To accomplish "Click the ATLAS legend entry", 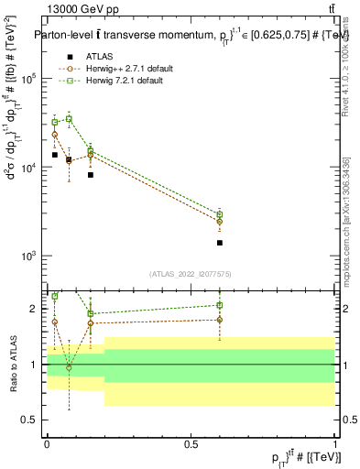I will pyautogui.click(x=100, y=57).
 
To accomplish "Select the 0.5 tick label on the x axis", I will pyautogui.click(x=191, y=443).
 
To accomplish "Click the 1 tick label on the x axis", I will pyautogui.click(x=334, y=443).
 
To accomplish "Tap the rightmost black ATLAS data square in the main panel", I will pyautogui.click(x=220, y=243).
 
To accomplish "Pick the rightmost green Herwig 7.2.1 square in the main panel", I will pyautogui.click(x=220, y=214).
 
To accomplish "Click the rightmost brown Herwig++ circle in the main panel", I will pyautogui.click(x=220, y=222).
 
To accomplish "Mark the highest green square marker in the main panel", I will pyautogui.click(x=69, y=118).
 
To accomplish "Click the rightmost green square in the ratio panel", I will pyautogui.click(x=220, y=305).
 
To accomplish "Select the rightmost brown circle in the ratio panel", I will pyautogui.click(x=220, y=320).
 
